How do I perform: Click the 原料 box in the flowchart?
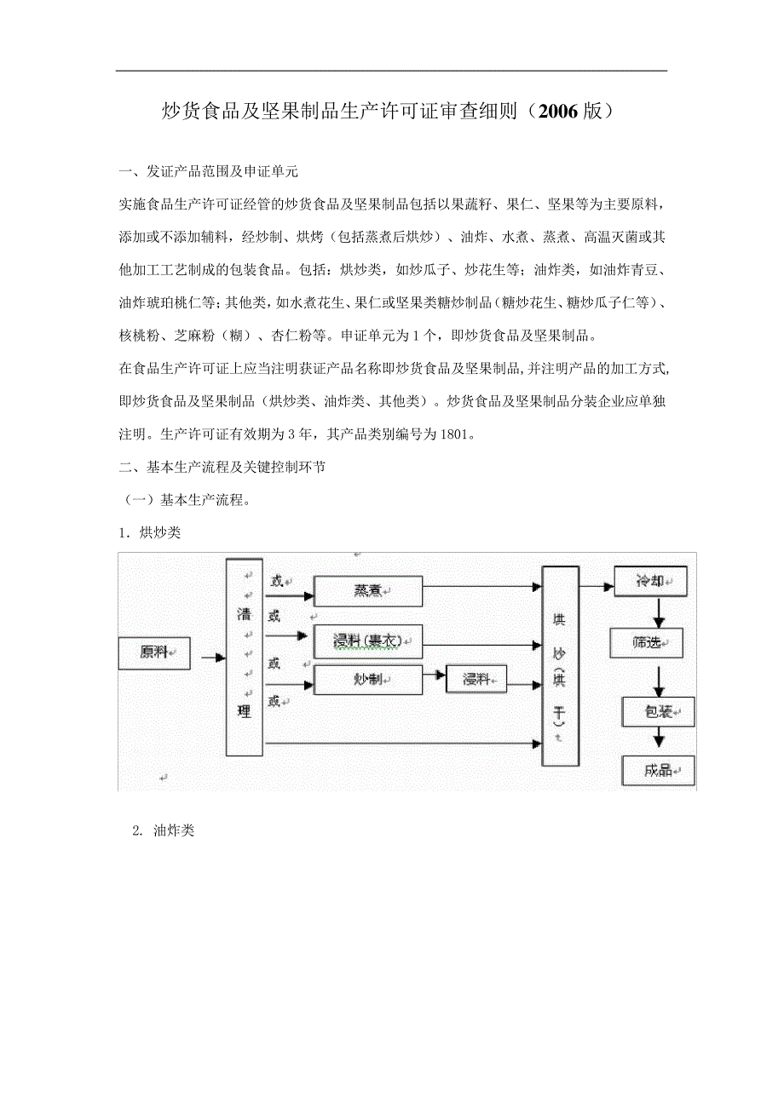(x=154, y=652)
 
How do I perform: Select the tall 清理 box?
(x=244, y=657)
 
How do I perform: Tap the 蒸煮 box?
(x=368, y=590)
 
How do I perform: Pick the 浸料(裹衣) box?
(x=368, y=641)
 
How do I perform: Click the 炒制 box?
(x=368, y=680)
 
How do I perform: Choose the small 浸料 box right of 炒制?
(x=476, y=680)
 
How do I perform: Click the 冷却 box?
(x=650, y=581)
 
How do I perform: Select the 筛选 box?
(x=647, y=642)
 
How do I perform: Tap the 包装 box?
(x=658, y=710)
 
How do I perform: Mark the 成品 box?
(x=658, y=770)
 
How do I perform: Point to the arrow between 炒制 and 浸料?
(x=435, y=675)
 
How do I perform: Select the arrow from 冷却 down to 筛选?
(x=658, y=612)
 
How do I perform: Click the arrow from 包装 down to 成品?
(x=658, y=740)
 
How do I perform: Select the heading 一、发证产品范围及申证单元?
(x=209, y=172)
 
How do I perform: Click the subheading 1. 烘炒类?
(x=150, y=533)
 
